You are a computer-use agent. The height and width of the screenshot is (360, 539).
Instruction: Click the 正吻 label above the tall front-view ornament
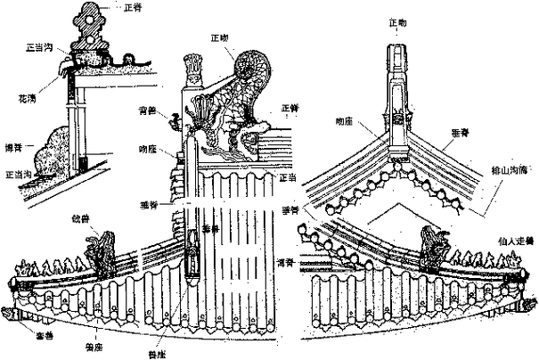(398, 21)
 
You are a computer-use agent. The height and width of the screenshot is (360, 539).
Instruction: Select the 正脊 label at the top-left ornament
(131, 7)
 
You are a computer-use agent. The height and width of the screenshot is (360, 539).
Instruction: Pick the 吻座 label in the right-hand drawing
(345, 119)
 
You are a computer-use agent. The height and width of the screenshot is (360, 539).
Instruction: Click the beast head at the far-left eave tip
(10, 315)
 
